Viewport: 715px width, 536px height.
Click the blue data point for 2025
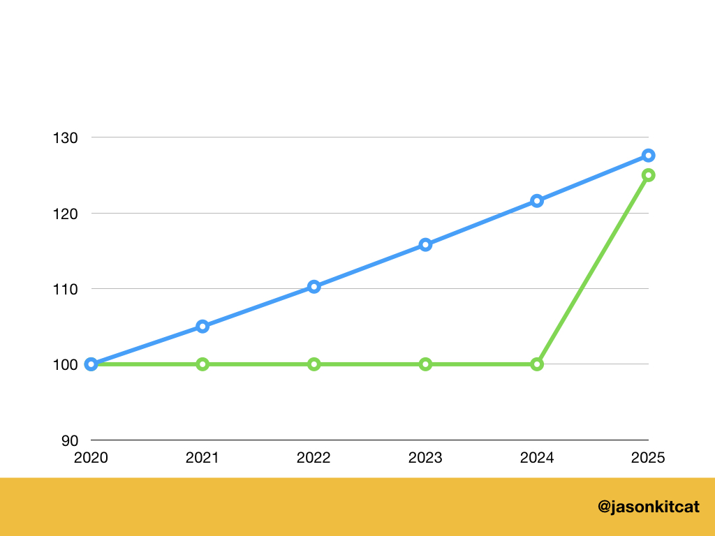pyautogui.click(x=648, y=155)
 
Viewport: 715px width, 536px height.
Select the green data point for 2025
pyautogui.click(x=648, y=175)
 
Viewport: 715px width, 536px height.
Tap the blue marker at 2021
pyautogui.click(x=202, y=326)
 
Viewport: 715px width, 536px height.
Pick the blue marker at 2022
pyautogui.click(x=314, y=286)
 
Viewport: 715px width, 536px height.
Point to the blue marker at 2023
pyautogui.click(x=425, y=245)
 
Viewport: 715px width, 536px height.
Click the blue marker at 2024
pyautogui.click(x=537, y=201)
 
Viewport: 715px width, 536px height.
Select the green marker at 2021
pyautogui.click(x=202, y=364)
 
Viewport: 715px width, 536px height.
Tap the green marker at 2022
pyautogui.click(x=314, y=364)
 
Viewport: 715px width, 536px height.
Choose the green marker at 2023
pyautogui.click(x=425, y=364)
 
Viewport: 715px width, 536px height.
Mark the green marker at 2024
pyautogui.click(x=537, y=364)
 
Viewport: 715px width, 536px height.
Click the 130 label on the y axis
pyautogui.click(x=66, y=137)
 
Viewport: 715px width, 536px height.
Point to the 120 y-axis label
pyautogui.click(x=66, y=213)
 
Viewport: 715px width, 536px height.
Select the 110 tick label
pyautogui.click(x=66, y=288)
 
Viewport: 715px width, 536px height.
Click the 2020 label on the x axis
pyautogui.click(x=91, y=459)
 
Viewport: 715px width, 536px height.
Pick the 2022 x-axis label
pyautogui.click(x=314, y=459)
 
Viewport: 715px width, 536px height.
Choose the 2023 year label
pyautogui.click(x=425, y=459)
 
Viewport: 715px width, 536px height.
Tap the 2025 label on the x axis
pyautogui.click(x=648, y=459)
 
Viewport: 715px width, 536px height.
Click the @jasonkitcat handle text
pyautogui.click(x=649, y=507)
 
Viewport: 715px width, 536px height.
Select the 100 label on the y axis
pyautogui.click(x=66, y=364)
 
